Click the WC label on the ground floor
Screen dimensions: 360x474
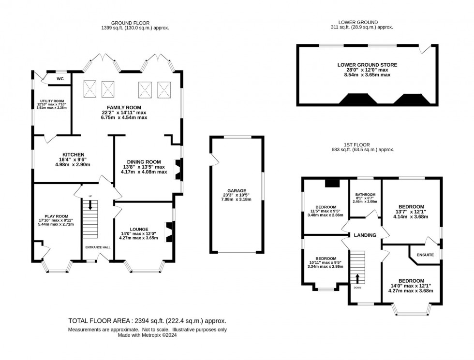click(60, 79)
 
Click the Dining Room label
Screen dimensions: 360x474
click(145, 162)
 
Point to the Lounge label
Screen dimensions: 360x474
click(138, 229)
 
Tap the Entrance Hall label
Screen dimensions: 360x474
click(98, 247)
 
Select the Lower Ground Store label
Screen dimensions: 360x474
click(367, 64)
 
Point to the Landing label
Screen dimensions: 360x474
click(365, 235)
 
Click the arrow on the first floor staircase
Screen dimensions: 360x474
click(358, 278)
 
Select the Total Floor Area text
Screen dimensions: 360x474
click(148, 320)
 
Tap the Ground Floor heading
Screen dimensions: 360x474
click(130, 23)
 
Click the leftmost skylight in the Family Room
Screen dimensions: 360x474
click(90, 88)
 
